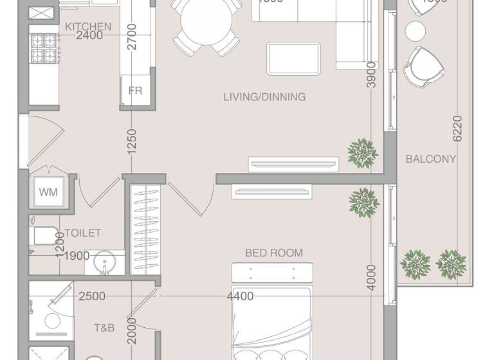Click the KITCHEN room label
(x=88, y=26)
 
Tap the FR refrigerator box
(x=135, y=91)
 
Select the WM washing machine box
(x=48, y=192)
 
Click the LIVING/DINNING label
(x=264, y=97)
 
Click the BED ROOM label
(x=274, y=253)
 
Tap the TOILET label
(x=82, y=233)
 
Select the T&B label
(x=104, y=328)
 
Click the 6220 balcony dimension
(x=457, y=128)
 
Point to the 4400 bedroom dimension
(x=240, y=296)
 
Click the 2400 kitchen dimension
(x=89, y=36)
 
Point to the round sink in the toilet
(x=105, y=263)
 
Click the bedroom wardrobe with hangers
(x=144, y=228)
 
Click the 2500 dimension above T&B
(x=92, y=296)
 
